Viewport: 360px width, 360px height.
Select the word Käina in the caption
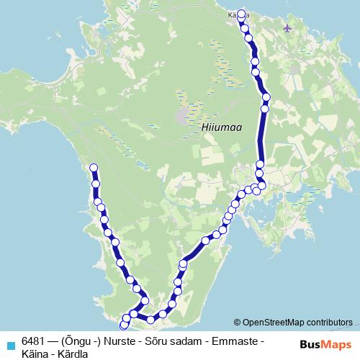pyautogui.click(x=35, y=352)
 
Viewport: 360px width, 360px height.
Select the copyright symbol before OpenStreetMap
pyautogui.click(x=237, y=322)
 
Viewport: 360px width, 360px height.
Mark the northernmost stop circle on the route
pyautogui.click(x=240, y=13)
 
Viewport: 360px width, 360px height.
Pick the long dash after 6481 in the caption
pyautogui.click(x=53, y=340)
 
